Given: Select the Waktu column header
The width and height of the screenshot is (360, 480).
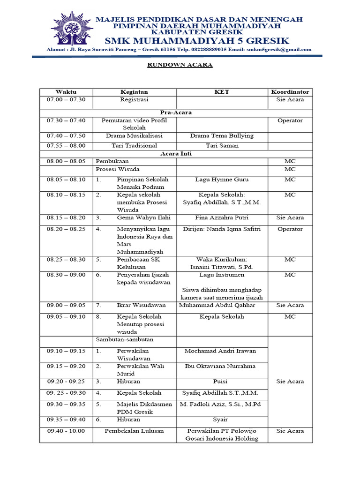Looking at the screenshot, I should (66, 92).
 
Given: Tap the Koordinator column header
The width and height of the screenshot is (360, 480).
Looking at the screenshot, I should (290, 92).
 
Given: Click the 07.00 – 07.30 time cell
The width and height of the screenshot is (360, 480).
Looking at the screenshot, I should (66, 100).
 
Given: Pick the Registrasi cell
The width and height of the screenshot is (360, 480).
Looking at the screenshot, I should (134, 100).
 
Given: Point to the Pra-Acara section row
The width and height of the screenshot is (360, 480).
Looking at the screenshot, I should (176, 112).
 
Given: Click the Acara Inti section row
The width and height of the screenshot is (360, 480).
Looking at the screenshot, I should (176, 153).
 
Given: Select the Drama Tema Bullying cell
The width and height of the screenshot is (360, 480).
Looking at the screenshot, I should (222, 135).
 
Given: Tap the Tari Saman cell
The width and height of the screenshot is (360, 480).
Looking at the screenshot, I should (222, 145).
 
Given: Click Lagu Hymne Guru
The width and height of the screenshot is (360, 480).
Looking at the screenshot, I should (222, 180).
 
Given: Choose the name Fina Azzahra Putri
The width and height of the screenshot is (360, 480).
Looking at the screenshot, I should (222, 217).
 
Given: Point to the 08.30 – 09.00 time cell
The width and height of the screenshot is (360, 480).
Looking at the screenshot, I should (66, 275).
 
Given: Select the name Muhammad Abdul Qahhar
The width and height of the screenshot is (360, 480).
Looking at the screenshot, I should (217, 305).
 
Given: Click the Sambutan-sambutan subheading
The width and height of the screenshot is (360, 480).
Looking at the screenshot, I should (124, 339).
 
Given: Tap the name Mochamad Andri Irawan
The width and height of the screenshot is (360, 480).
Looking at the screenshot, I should (220, 351).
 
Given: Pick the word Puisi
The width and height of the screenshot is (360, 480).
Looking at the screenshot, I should (220, 382).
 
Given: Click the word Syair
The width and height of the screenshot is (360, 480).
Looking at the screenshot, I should (220, 420).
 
